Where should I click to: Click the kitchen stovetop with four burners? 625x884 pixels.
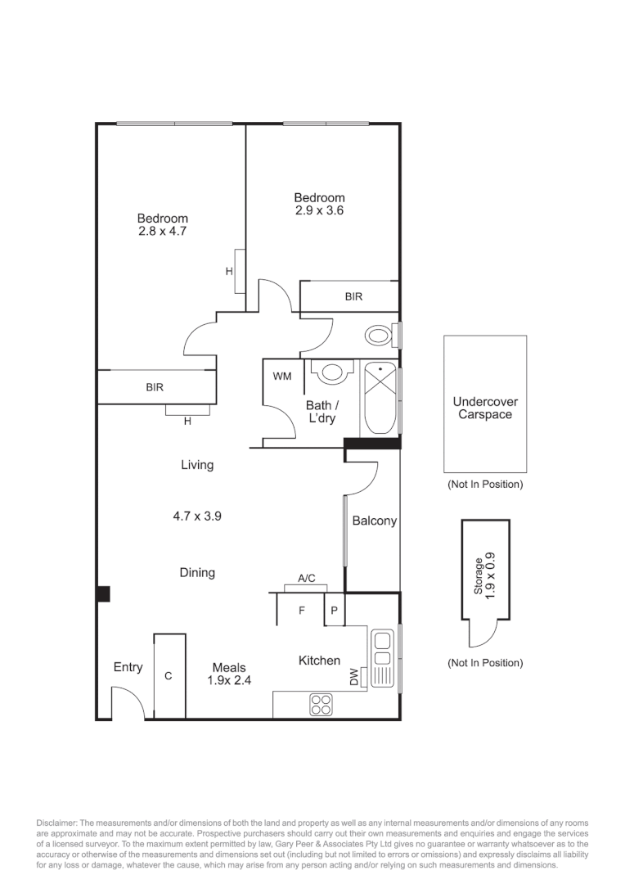tap(321, 705)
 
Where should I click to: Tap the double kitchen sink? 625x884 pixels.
tap(382, 658)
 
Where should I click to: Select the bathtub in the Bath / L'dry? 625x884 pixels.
tap(379, 398)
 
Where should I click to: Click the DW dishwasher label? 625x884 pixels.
tap(354, 678)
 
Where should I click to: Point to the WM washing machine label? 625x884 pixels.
tap(282, 377)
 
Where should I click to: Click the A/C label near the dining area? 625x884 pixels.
tap(307, 579)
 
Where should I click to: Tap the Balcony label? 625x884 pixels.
tap(374, 521)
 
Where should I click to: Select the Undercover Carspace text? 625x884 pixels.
tap(485, 408)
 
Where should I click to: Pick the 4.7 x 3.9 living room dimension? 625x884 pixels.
tap(197, 516)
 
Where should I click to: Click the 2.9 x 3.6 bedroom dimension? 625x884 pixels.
tap(319, 210)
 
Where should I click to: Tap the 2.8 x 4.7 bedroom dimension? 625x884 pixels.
tap(162, 232)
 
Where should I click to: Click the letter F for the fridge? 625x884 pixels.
tap(301, 611)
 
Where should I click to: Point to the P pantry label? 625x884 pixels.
tap(334, 611)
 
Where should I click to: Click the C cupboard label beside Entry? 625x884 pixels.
tap(169, 676)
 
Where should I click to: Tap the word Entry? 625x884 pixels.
tap(128, 668)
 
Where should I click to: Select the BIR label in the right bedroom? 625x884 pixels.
tap(353, 296)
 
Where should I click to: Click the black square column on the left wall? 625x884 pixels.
tap(103, 594)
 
